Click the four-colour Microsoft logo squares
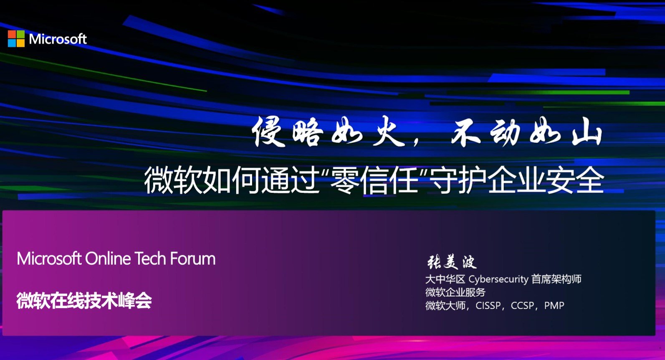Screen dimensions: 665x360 [16, 38]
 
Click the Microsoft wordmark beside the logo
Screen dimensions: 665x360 [58, 39]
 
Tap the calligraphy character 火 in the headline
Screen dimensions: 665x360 [388, 132]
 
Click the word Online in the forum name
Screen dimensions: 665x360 [108, 259]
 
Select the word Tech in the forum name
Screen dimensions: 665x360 [150, 259]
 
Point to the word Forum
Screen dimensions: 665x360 [192, 259]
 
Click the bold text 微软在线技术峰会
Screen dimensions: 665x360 [84, 301]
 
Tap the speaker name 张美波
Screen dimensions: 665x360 [452, 262]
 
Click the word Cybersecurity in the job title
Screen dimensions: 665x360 [498, 279]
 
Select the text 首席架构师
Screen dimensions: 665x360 [556, 279]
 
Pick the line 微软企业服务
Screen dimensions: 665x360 [455, 292]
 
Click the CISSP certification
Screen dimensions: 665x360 [488, 305]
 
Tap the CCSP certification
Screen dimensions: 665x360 [522, 305]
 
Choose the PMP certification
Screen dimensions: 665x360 [554, 305]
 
